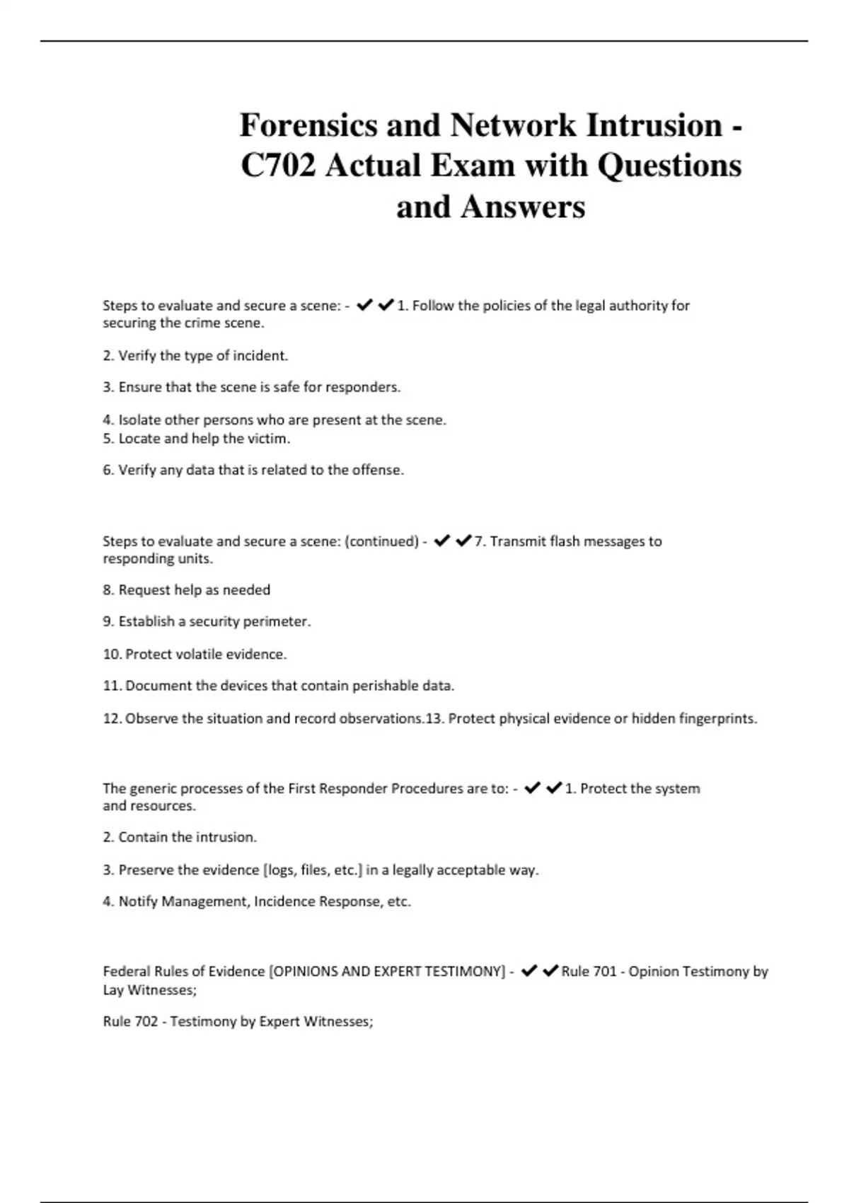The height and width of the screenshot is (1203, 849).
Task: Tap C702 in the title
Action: click(x=278, y=166)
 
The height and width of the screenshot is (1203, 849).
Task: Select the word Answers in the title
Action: click(x=523, y=207)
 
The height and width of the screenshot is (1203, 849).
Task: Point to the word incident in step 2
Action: click(x=261, y=356)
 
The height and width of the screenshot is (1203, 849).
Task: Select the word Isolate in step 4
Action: click(x=139, y=420)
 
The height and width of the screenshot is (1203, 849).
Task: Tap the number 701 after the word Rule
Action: click(x=605, y=972)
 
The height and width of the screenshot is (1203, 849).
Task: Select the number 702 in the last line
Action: click(x=144, y=1022)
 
